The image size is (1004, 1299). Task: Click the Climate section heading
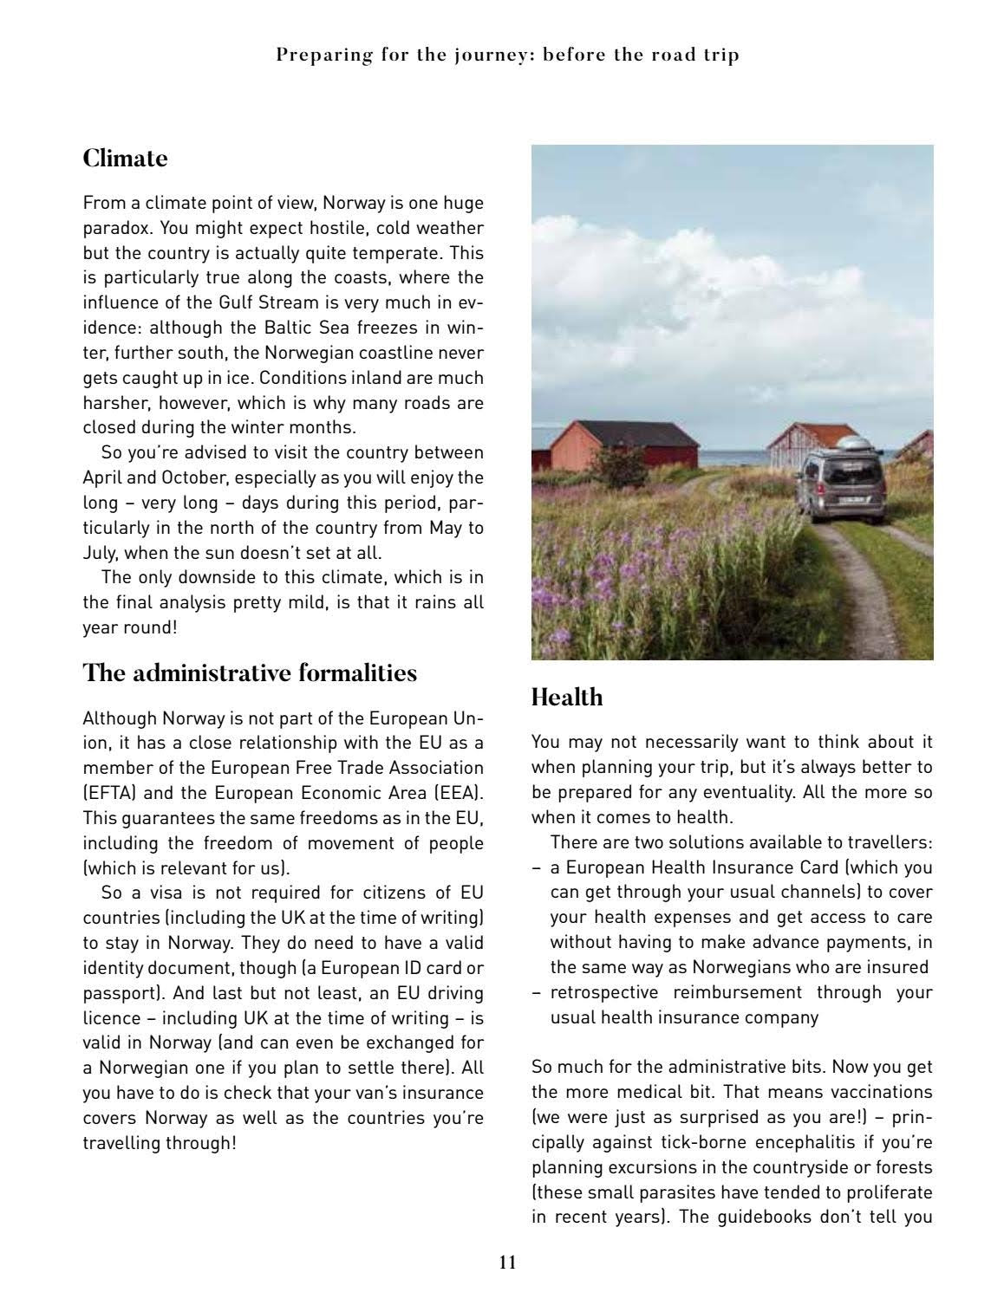125,159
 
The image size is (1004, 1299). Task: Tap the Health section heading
566,698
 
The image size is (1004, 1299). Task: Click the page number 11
508,1263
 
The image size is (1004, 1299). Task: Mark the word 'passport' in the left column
114,993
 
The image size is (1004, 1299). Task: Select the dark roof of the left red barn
634,432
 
